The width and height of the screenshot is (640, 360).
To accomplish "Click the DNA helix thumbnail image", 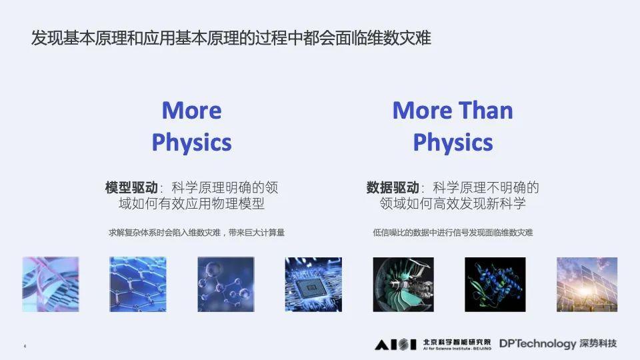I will (51, 285).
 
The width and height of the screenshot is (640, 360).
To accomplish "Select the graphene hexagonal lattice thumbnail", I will (138, 285).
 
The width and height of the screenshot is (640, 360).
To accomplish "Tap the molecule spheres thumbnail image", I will (226, 285).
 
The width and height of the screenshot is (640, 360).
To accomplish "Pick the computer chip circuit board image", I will (313, 285).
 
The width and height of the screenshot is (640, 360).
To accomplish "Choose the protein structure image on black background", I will (495, 285).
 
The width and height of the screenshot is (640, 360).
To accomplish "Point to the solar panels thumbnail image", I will (585, 285).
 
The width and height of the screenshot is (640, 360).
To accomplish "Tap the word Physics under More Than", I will (453, 142).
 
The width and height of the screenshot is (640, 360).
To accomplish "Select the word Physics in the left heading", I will (191, 142).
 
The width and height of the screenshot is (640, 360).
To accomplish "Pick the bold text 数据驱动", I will (393, 187).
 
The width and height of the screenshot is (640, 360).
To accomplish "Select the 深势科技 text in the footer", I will (599, 344).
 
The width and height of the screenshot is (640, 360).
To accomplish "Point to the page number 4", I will (25, 347).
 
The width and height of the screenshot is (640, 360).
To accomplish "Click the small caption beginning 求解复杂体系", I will (201, 233).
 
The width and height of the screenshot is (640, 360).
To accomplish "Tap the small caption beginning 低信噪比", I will (453, 233).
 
